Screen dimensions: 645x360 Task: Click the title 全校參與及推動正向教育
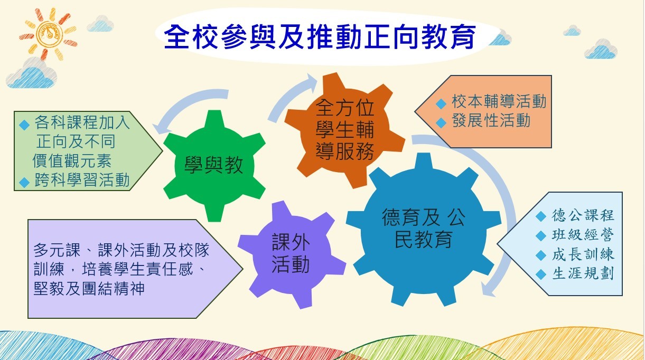(320, 37)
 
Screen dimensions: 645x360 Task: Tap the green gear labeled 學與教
(214, 166)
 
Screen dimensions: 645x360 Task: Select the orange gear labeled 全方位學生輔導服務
(344, 130)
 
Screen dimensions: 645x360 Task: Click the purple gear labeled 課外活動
(292, 255)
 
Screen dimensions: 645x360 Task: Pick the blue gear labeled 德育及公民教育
(424, 229)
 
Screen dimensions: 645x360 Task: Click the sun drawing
(48, 34)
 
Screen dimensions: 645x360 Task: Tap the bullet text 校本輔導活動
(499, 101)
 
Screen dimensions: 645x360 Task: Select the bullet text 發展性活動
(491, 120)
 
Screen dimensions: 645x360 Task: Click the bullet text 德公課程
(583, 215)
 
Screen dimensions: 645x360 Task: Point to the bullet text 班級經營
(583, 235)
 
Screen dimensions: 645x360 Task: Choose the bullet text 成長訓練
(583, 254)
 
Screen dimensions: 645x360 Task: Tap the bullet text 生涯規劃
(583, 273)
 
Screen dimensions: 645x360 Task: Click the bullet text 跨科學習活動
(82, 180)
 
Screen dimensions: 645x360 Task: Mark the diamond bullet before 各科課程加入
(24, 125)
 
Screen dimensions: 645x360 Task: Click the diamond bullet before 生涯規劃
(541, 274)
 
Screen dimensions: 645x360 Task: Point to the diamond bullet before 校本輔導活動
(441, 103)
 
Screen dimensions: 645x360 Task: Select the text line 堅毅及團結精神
(89, 289)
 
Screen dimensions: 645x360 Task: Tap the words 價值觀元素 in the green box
(72, 160)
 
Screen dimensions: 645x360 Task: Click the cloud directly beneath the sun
(31, 73)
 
